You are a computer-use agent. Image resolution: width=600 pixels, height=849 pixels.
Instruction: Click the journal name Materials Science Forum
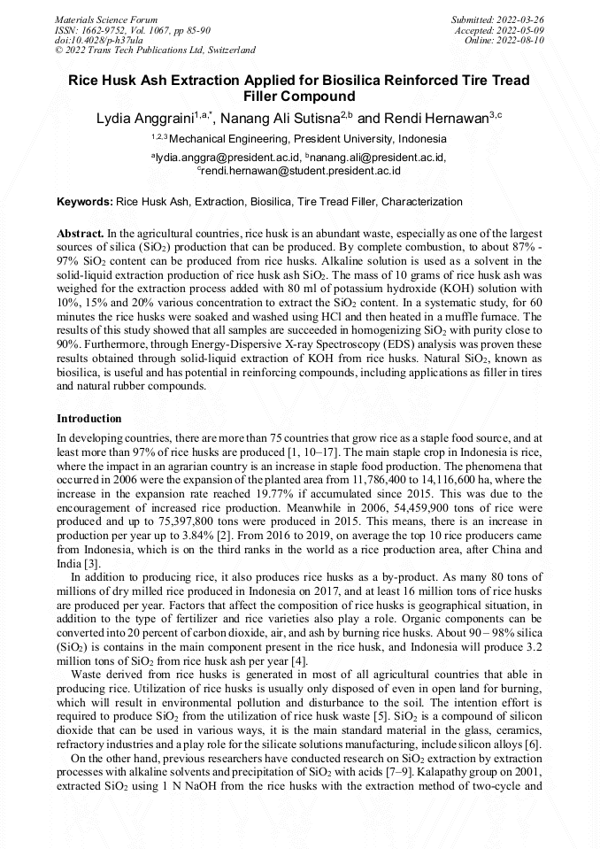tap(106, 19)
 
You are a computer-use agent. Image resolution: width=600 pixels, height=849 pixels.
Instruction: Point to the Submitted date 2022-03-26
tap(521, 19)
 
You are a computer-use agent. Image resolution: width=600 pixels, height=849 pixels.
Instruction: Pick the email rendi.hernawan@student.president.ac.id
tap(301, 170)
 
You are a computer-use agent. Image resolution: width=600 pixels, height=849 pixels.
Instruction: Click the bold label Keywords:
tap(85, 202)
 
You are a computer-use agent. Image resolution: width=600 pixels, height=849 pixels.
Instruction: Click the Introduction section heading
tap(89, 418)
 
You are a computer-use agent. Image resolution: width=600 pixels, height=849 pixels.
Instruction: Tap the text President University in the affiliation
tap(343, 139)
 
